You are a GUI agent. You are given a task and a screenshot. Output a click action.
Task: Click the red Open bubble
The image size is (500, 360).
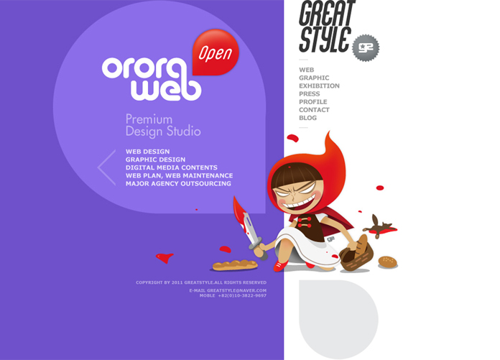tap(216, 52)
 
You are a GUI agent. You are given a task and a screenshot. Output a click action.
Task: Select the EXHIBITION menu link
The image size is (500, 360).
tap(319, 86)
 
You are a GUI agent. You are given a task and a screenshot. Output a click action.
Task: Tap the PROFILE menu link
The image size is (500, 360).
tap(313, 102)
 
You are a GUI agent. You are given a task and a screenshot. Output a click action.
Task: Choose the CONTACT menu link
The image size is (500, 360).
tap(314, 110)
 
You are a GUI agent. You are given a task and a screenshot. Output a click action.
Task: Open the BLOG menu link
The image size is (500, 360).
tap(307, 118)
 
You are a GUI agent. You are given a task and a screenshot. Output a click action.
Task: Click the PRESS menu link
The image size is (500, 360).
tap(310, 93)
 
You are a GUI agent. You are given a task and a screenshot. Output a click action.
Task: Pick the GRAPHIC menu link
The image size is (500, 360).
tap(314, 78)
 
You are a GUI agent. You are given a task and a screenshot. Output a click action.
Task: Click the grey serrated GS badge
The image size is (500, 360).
tap(366, 48)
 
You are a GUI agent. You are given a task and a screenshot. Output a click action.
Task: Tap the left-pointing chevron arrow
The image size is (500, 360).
tap(106, 167)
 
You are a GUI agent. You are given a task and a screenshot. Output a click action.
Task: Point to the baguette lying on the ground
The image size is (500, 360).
tap(235, 265)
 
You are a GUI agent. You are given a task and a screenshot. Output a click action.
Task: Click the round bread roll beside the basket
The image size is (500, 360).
tap(387, 262)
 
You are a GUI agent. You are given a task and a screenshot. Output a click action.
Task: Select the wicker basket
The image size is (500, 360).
tap(356, 254)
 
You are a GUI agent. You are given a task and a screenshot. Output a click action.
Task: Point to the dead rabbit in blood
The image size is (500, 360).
tap(380, 226)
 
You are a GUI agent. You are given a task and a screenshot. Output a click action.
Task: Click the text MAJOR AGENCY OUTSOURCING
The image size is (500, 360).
tap(178, 184)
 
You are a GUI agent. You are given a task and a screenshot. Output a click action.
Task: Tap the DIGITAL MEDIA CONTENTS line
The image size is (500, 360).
tap(172, 167)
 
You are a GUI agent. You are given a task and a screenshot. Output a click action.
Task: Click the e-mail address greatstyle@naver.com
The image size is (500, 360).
tap(236, 290)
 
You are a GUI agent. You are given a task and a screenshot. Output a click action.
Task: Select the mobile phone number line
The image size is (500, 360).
tap(233, 295)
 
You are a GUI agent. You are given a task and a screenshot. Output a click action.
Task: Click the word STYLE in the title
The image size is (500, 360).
tap(325, 40)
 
